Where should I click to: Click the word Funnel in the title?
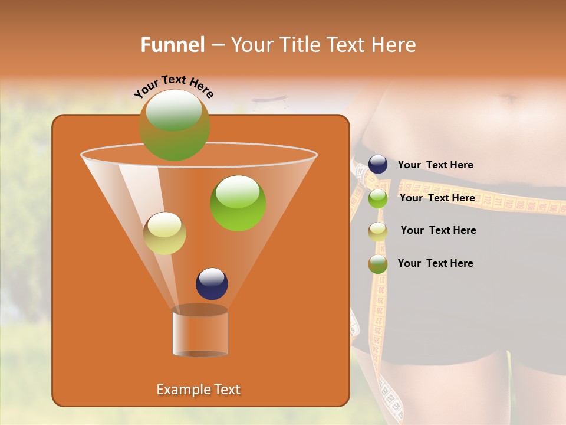coord(172,45)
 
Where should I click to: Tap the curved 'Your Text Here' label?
coord(174,87)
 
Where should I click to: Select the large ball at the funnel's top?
coord(175,125)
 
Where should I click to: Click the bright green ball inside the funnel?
coord(238,203)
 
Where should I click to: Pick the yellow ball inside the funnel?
coord(165,233)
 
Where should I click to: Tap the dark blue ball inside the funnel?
coord(212,283)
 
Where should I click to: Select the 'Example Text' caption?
coord(199,390)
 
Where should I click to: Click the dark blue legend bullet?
coord(378,164)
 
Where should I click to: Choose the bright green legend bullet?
coord(378,198)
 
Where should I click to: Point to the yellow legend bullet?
coord(378,231)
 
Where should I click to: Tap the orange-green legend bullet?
coord(378,264)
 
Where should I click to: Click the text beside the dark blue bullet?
coord(435,165)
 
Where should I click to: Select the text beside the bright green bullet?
coord(437,198)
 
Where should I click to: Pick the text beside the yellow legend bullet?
coord(438,230)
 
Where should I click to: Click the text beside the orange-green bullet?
coord(435,263)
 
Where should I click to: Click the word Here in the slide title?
coord(394,45)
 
